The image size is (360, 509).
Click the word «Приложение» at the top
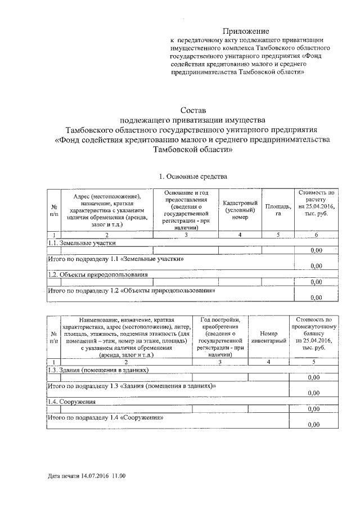click(x=246, y=31)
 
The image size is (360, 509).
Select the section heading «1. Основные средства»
click(x=192, y=177)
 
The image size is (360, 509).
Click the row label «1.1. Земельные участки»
click(x=82, y=243)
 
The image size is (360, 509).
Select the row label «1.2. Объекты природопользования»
click(x=97, y=274)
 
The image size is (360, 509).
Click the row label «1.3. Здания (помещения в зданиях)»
click(x=98, y=370)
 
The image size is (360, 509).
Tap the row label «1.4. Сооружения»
click(x=71, y=402)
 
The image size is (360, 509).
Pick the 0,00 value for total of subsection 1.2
click(x=316, y=298)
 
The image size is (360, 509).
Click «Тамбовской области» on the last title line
click(x=192, y=150)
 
